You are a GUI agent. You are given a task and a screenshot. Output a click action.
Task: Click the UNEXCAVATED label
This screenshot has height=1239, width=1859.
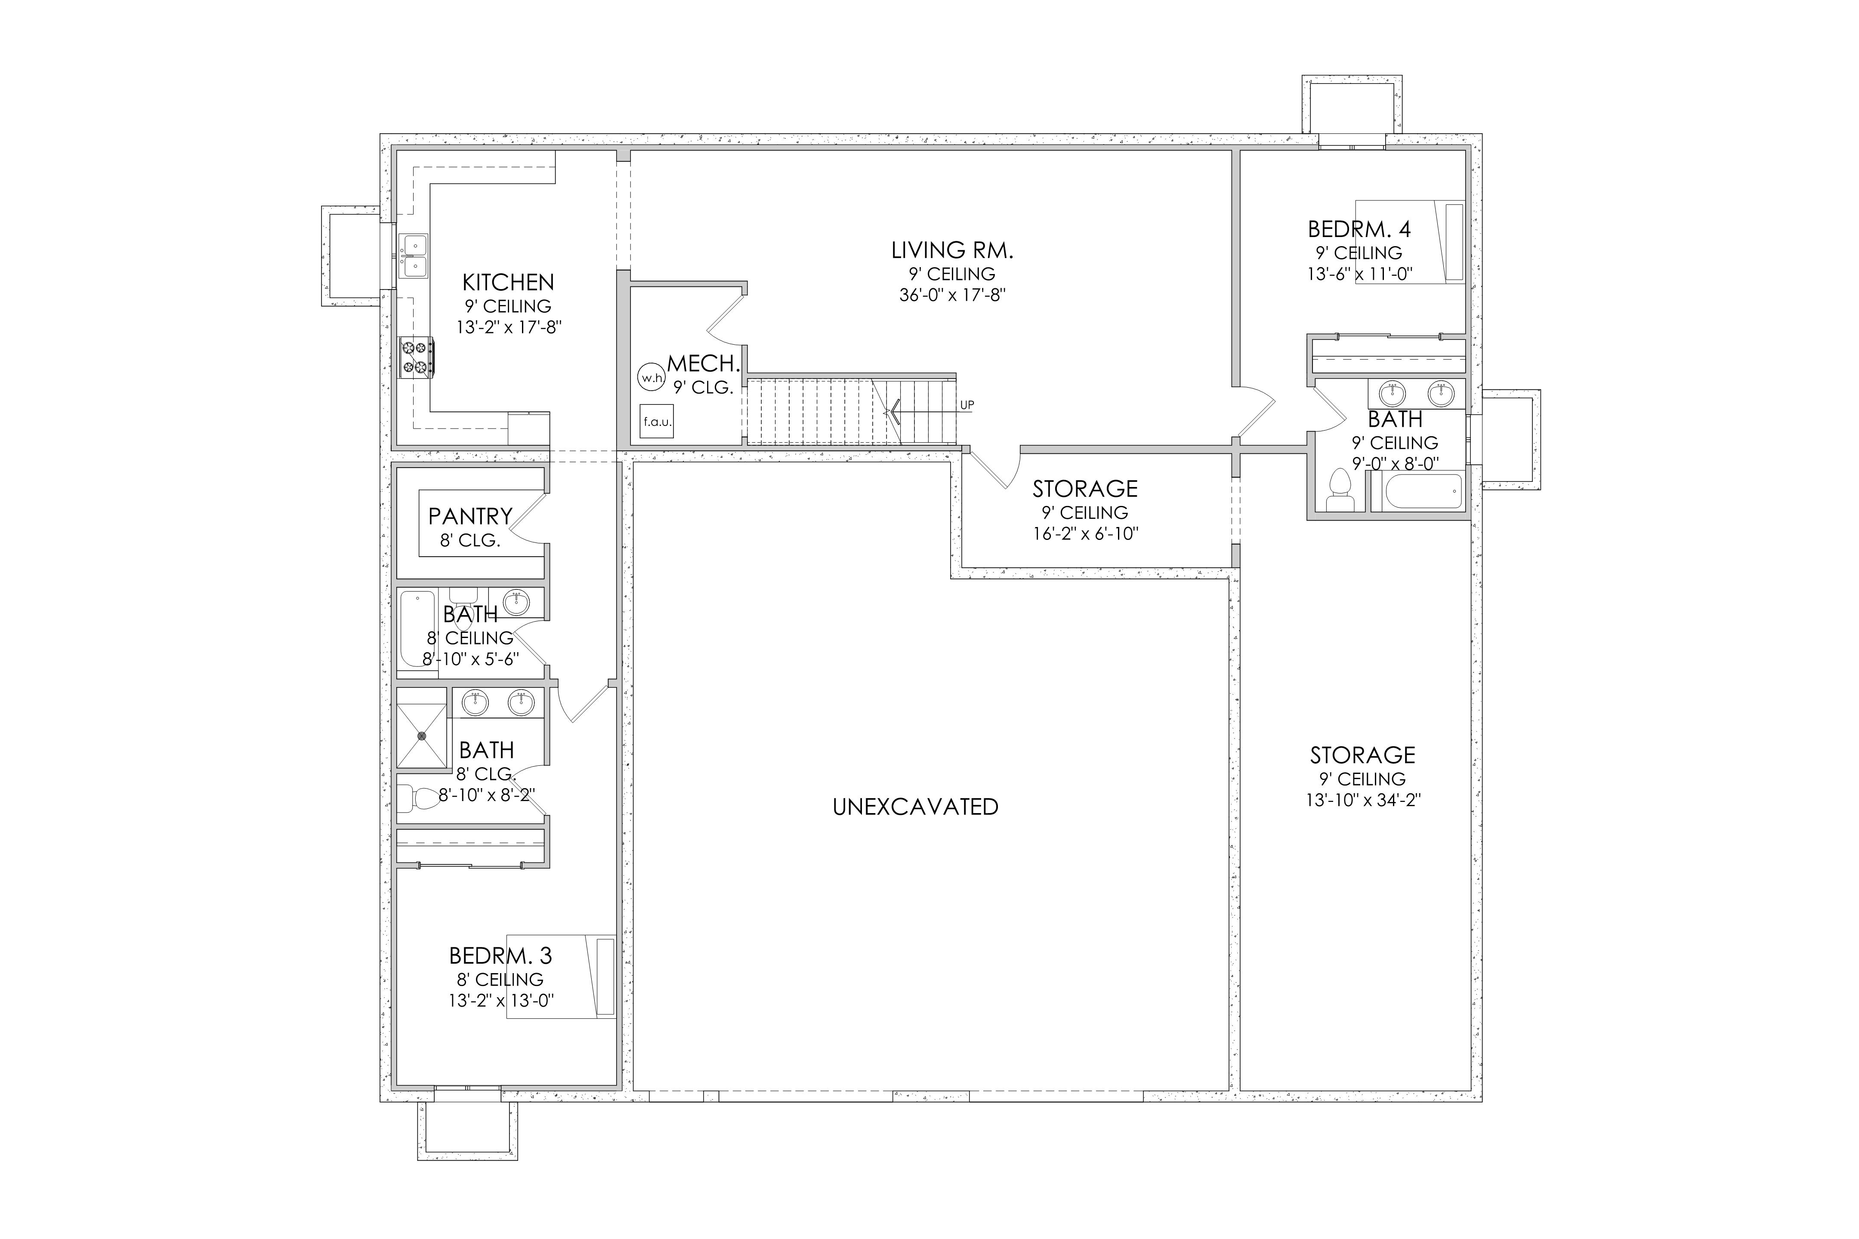(x=915, y=807)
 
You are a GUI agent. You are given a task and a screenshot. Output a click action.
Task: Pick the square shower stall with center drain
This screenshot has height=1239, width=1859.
(x=421, y=728)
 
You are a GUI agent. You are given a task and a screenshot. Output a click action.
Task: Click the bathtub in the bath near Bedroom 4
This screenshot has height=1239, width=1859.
(x=1416, y=491)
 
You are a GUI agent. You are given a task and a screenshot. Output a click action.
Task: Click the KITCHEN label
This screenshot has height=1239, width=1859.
(x=508, y=282)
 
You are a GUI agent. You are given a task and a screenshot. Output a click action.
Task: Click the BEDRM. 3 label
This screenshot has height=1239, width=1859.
(x=500, y=956)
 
